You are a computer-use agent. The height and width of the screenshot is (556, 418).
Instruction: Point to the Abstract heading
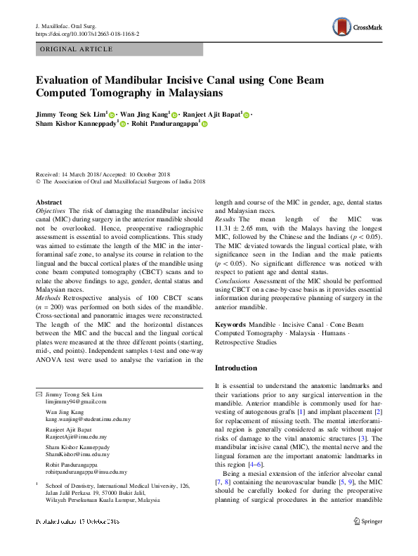(x=48, y=202)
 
